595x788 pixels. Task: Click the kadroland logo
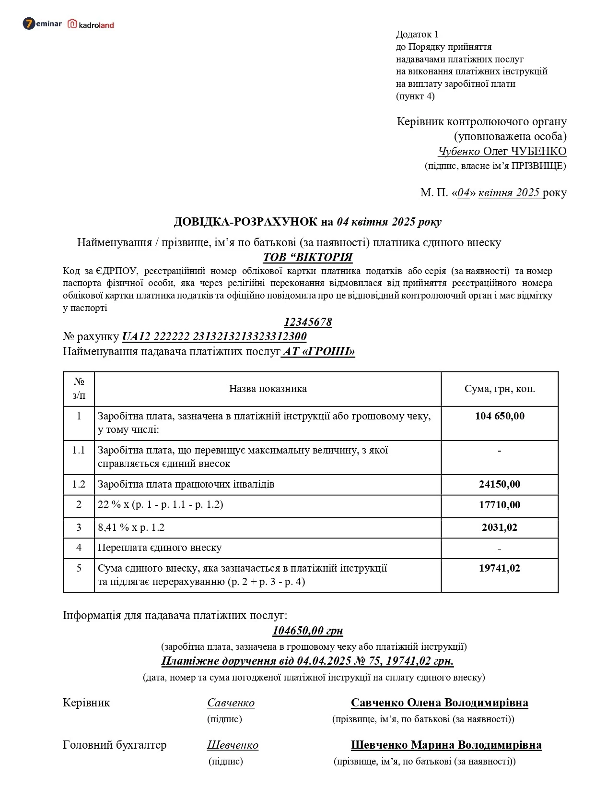pos(91,24)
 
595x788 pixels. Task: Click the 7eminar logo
pos(42,23)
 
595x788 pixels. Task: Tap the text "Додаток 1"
pos(417,34)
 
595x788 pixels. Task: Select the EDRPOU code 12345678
pos(308,322)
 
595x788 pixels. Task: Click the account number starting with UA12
pos(214,336)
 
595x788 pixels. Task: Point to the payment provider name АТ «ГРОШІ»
pos(319,351)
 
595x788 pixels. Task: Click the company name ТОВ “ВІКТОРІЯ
pos(308,257)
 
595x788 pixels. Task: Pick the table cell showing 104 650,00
pos(500,416)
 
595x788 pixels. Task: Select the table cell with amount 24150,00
pos(500,484)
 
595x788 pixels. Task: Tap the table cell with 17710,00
pos(500,505)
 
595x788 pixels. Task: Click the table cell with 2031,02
pos(500,527)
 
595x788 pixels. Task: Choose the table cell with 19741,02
pos(500,568)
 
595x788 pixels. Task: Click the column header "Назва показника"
pos(268,389)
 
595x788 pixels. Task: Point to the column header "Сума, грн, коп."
pos(500,389)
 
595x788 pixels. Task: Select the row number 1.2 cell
pos(79,484)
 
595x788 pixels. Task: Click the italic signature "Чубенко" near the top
pos(459,151)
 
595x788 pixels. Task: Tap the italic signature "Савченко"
pos(231,703)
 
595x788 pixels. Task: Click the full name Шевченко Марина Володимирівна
pos(446,745)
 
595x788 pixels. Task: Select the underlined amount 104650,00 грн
pos(308,631)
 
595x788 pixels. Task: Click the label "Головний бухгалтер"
pos(115,745)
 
